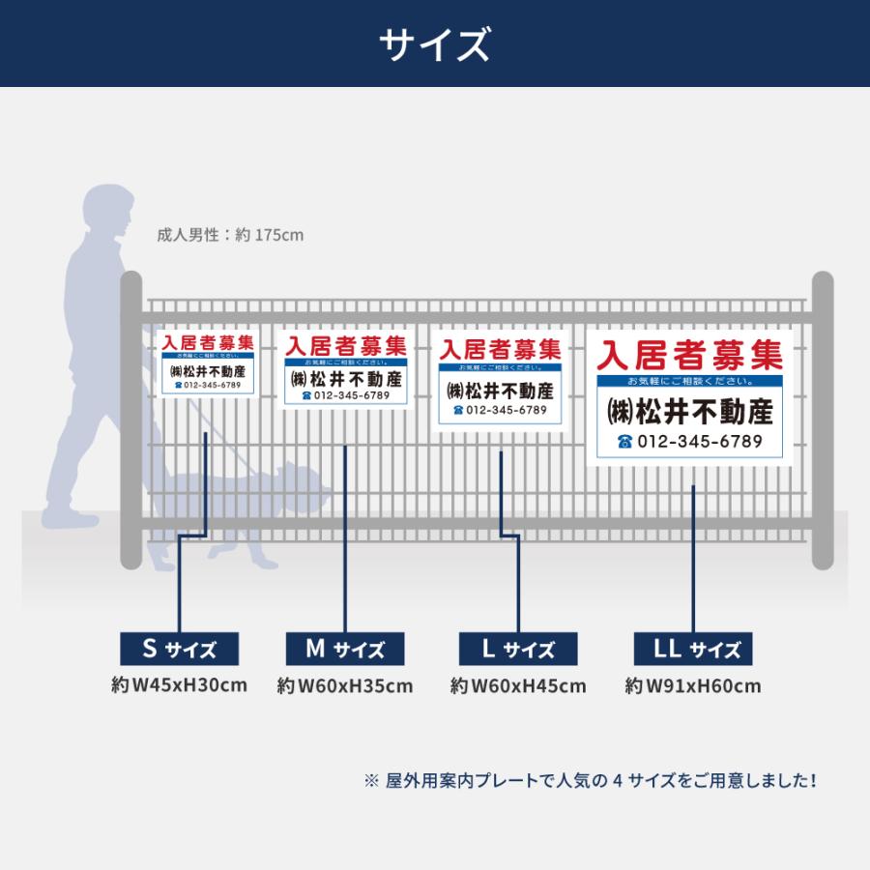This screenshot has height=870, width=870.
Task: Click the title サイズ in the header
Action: coord(434,44)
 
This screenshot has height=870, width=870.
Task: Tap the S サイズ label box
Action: coord(179,649)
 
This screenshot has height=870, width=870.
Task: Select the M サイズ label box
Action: coord(345,649)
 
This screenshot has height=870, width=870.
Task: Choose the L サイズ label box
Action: coord(518,649)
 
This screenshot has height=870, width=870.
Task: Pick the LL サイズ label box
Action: coord(692,649)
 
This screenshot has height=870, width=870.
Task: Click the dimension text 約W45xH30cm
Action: coord(179,685)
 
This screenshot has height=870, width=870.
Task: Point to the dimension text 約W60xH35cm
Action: coord(345,686)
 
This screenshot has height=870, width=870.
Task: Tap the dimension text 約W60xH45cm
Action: coord(518,686)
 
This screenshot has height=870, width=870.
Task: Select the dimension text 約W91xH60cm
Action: coord(692,686)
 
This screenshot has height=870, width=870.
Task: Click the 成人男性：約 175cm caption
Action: coord(230,235)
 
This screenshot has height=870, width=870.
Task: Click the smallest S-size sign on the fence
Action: coord(207,363)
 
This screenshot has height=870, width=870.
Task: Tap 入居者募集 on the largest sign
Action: coord(689,355)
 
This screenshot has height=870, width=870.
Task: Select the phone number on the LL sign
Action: coord(689,442)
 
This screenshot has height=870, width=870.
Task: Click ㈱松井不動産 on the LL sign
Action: coord(689,411)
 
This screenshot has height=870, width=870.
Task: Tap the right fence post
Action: coord(822,420)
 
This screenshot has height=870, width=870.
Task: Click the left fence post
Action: coord(130,420)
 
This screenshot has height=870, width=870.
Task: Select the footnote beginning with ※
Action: coord(590,780)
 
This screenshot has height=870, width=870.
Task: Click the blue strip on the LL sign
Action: coord(689,381)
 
